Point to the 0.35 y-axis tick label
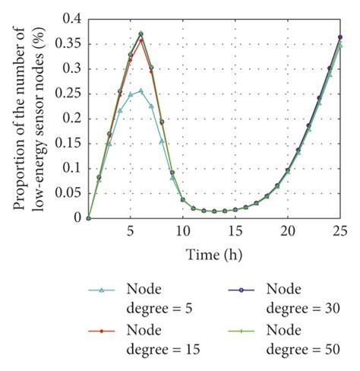click(67, 43)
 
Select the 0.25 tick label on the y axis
click(67, 93)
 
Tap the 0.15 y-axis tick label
click(67, 143)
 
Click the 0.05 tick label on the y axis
click(67, 193)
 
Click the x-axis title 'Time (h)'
click(214, 252)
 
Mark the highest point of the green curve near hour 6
click(141, 33)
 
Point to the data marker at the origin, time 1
click(88, 218)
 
